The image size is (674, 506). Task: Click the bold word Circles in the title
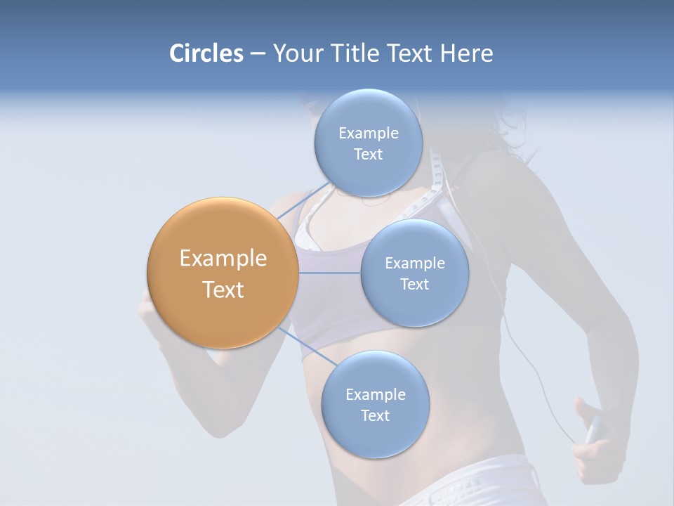pos(206,53)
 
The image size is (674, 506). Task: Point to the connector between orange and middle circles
pos(329,273)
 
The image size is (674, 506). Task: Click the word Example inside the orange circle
pos(223,259)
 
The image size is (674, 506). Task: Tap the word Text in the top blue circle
pos(368,155)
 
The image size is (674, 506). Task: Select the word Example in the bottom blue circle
pos(376,394)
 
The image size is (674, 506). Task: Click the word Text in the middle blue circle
pos(415,284)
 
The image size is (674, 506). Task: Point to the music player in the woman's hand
pos(593,428)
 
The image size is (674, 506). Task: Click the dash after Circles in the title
pos(257,53)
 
